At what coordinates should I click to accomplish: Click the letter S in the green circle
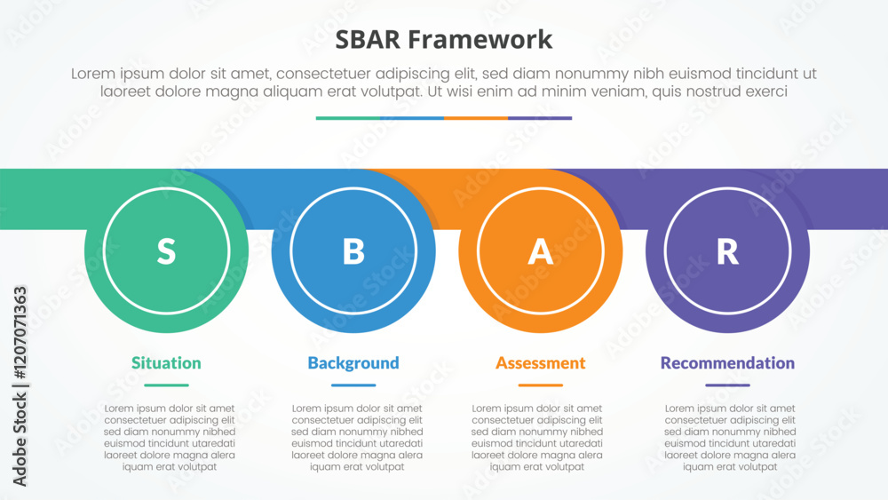point(166,251)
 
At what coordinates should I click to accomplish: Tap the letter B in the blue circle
point(353,251)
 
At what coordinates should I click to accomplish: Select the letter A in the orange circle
point(540,251)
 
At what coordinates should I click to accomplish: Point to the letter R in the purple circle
point(728,251)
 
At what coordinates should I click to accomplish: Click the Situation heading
point(166,362)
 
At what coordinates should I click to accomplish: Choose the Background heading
point(353,362)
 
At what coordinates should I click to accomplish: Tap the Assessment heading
point(540,362)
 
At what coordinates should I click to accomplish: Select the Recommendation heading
point(728,362)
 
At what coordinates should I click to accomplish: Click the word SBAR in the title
point(368,40)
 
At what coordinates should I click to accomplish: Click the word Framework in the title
point(480,40)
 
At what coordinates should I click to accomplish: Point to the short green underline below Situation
point(167,385)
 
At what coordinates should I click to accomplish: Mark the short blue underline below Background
point(353,385)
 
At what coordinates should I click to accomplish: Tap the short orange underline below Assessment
point(540,385)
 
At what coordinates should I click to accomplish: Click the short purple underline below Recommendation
point(728,385)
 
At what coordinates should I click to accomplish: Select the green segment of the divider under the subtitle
point(348,118)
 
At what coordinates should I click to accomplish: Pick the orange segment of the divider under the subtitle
point(476,118)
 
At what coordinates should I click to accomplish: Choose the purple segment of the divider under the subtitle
point(540,118)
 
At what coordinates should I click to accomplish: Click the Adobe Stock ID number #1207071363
point(20,333)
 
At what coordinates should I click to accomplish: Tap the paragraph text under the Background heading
point(357,437)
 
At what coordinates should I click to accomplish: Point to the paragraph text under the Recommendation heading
point(730,437)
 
